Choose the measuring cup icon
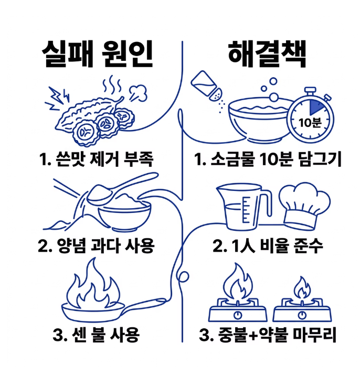244,206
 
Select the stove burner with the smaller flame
302,304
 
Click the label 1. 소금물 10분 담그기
268,159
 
